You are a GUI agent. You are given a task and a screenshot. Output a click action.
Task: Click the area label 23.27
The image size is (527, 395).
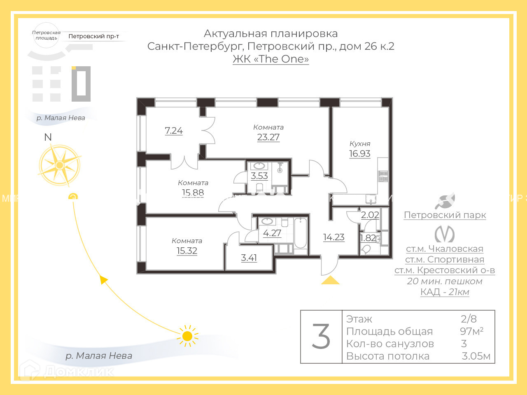tap(268, 137)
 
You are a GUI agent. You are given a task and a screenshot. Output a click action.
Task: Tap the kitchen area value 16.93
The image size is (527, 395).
tap(360, 153)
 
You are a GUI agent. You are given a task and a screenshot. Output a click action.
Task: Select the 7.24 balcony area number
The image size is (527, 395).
tap(174, 130)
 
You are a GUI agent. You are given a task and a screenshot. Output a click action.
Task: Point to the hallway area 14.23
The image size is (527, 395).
tap(333, 237)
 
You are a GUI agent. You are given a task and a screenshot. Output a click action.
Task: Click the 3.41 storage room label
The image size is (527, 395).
tap(249, 258)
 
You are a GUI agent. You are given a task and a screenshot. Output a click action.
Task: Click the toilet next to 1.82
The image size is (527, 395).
tap(366, 249)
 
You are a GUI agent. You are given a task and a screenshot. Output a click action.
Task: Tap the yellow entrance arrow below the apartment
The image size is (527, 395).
tap(330, 281)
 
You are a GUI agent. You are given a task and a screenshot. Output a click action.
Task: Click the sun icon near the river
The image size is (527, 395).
tap(187, 336)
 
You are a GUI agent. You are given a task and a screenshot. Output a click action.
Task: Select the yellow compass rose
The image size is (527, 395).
tap(60, 165)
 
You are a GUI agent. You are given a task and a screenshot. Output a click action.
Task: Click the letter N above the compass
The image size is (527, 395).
tap(48, 137)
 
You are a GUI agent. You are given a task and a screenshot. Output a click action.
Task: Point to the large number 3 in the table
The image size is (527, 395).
tap(321, 337)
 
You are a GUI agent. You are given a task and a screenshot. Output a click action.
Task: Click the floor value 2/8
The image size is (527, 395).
tap(469, 318)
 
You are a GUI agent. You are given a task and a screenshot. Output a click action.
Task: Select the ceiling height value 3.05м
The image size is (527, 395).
tap(476, 356)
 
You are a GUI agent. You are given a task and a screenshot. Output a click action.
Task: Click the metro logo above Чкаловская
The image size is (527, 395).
tap(445, 234)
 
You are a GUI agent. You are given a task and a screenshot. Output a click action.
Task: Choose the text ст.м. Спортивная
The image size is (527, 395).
tap(445, 260)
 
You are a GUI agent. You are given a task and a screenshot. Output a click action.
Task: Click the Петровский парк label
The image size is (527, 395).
tap(445, 215)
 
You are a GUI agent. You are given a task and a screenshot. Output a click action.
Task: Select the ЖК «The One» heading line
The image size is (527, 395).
tap(270, 59)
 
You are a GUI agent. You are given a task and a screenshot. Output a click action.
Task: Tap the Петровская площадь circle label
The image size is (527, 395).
tap(46, 35)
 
